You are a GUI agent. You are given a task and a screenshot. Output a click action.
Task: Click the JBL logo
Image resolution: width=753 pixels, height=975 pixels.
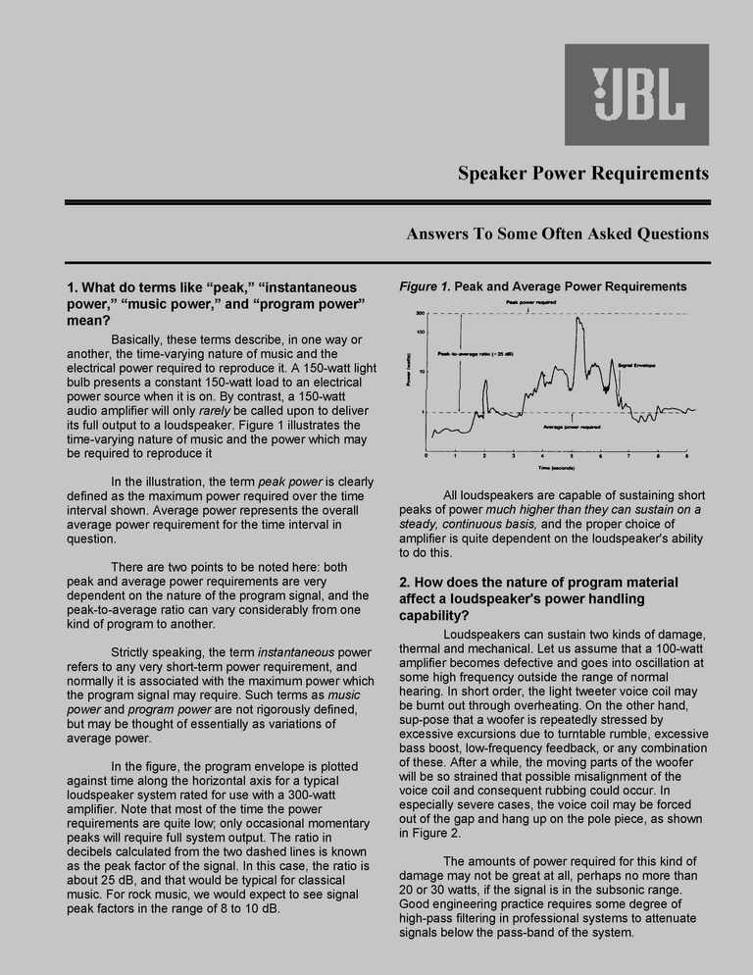coord(636,95)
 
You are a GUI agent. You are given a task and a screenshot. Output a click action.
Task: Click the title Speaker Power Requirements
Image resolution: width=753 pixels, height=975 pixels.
coord(582,174)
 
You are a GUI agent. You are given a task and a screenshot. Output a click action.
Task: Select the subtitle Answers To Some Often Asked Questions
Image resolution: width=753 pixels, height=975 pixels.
coord(557,233)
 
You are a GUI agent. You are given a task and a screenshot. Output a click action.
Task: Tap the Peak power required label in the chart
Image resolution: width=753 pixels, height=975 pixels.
coord(531,303)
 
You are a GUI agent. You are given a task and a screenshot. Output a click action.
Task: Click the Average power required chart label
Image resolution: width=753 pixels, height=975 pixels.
coord(572,427)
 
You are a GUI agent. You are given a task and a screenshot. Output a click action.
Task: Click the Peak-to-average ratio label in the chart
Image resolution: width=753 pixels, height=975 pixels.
coord(476,353)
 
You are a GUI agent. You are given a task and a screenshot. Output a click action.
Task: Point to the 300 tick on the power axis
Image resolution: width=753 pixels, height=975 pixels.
coord(420,313)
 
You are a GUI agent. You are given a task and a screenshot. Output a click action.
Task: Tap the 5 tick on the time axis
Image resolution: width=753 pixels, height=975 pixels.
coord(571,456)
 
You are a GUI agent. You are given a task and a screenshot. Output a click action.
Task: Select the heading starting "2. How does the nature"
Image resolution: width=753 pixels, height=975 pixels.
coord(538,598)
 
